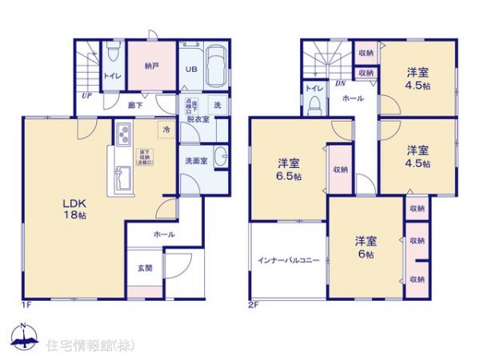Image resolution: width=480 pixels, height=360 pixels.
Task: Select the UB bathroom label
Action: coord(192,69)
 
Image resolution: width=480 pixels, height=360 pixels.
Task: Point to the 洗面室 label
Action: coord(194,161)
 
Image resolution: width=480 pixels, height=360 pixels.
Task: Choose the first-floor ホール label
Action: coord(165,234)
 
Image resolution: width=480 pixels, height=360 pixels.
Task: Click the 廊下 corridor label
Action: coord(135,105)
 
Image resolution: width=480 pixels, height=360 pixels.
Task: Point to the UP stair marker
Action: coord(85,96)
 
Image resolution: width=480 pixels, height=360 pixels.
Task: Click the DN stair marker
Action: coord(340,83)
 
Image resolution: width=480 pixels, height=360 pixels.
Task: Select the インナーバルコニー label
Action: coord(288,261)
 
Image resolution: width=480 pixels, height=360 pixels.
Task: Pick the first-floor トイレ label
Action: coord(111,78)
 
